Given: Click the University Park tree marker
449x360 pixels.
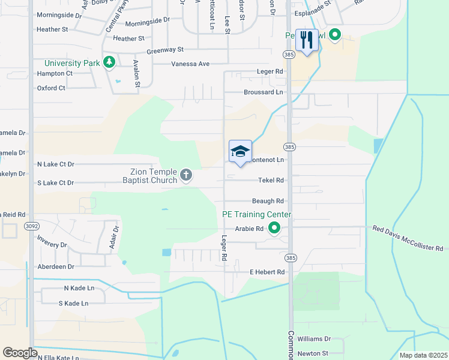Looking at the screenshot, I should click(109, 62).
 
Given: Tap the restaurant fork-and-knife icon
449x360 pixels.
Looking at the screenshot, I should click(307, 40).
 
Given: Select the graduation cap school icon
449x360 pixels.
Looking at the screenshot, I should click(240, 151).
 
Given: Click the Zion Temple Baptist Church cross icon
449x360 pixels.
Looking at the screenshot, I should click(186, 175).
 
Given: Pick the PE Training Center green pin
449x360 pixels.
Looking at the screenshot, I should click(274, 227).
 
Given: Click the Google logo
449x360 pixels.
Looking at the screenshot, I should click(20, 353).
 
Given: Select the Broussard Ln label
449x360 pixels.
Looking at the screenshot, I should click(263, 92).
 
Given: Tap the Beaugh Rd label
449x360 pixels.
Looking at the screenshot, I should click(268, 201).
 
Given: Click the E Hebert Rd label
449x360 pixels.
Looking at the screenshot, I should click(267, 272).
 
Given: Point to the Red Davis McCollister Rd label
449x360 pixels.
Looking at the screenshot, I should click(407, 238).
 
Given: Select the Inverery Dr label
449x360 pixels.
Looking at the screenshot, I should click(52, 245).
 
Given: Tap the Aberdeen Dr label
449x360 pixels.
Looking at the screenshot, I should click(55, 266).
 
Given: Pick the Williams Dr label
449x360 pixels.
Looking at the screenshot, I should click(314, 339).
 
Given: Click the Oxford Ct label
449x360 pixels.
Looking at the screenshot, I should click(50, 88).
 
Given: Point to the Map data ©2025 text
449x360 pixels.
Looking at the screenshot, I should click(423, 355).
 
